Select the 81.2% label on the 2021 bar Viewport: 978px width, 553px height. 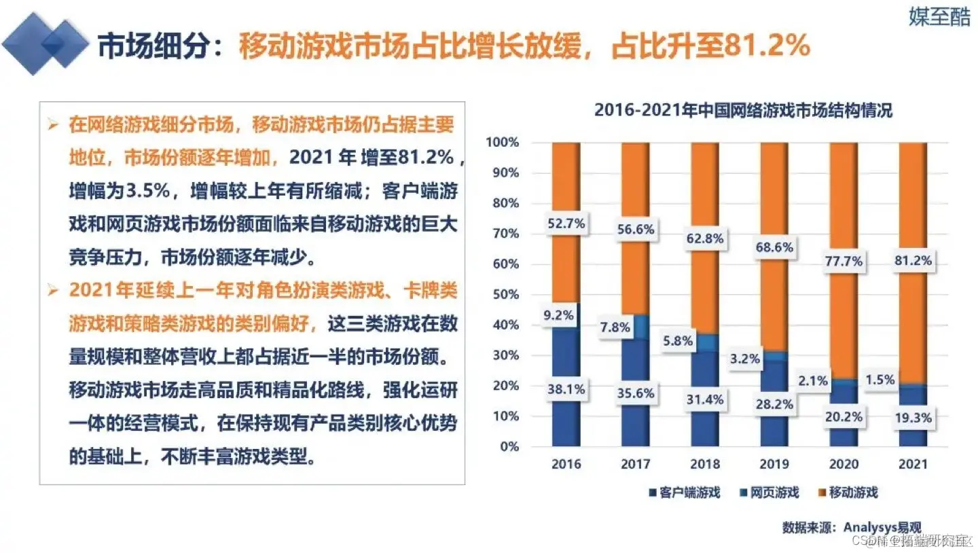pos(913,261)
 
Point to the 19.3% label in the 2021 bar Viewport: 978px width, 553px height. pos(913,416)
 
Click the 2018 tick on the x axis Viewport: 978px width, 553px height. pos(705,465)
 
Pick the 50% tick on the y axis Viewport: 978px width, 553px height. pos(503,295)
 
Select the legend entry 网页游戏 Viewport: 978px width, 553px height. pos(772,493)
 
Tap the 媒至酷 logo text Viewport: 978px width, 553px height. pos(939,17)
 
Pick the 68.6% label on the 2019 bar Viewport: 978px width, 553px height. pos(774,247)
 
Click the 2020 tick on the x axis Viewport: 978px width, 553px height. pos(844,465)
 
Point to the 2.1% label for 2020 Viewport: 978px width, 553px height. pos(812,381)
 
